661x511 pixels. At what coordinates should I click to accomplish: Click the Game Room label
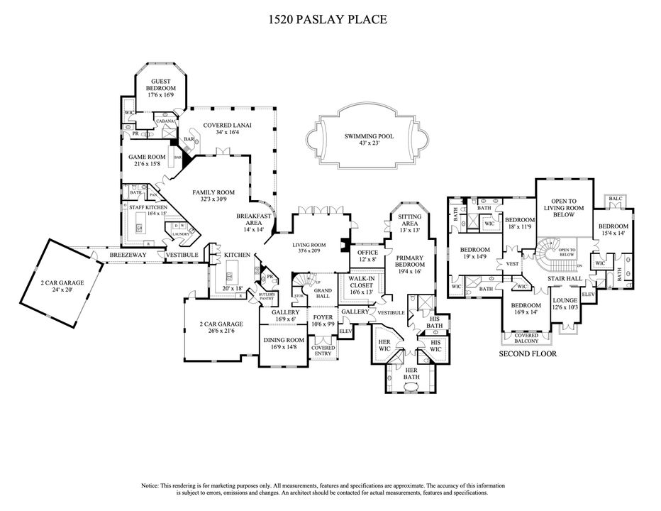tap(147, 157)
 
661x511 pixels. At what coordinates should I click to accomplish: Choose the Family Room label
tap(213, 192)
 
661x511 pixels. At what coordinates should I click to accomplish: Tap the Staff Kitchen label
tap(148, 207)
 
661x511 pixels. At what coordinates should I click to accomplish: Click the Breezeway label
tap(128, 254)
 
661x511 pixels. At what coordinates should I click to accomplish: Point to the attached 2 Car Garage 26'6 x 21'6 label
tap(221, 326)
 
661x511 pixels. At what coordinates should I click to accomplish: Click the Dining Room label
tap(284, 340)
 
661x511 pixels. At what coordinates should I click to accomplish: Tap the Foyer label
tap(323, 317)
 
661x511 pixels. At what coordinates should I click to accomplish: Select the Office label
tap(367, 253)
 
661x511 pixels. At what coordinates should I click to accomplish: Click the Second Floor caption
tap(528, 353)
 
